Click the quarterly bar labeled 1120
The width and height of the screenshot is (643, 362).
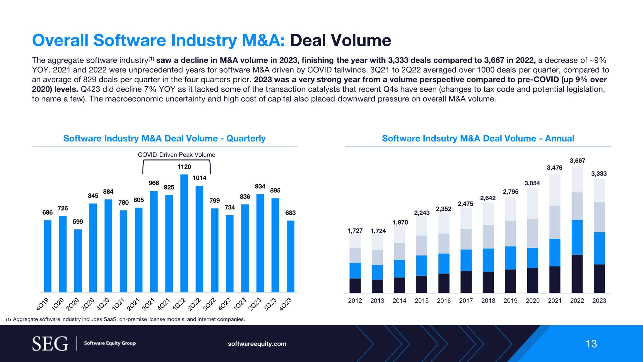pyautogui.click(x=184, y=233)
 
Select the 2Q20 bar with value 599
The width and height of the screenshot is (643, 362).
pyautogui.click(x=78, y=261)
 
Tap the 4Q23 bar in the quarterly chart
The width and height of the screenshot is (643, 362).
pyautogui.click(x=290, y=256)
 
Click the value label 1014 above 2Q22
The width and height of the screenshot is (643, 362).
pyautogui.click(x=199, y=178)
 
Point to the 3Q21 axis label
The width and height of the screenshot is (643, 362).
pyautogui.click(x=149, y=304)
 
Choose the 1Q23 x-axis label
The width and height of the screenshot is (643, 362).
pyautogui.click(x=240, y=304)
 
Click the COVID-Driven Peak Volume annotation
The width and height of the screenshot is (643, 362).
pyautogui.click(x=177, y=155)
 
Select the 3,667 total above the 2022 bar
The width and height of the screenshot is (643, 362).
pyautogui.click(x=577, y=161)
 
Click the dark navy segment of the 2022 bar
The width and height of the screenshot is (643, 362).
pyautogui.click(x=577, y=274)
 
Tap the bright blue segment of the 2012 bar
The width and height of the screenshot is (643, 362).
pyautogui.click(x=355, y=271)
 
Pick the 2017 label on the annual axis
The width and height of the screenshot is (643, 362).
pyautogui.click(x=466, y=301)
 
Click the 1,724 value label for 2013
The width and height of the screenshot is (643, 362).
pyautogui.click(x=378, y=231)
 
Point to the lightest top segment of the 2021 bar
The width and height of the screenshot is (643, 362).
pyautogui.click(x=555, y=190)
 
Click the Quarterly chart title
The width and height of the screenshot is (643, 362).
pyautogui.click(x=164, y=138)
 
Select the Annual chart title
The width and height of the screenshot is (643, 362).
pyautogui.click(x=478, y=138)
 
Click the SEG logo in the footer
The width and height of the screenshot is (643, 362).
pyautogui.click(x=50, y=344)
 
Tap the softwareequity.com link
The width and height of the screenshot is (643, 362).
pyautogui.click(x=257, y=344)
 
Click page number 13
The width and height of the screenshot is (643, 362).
pyautogui.click(x=591, y=344)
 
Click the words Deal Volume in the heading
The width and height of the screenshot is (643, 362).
pyautogui.click(x=340, y=41)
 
